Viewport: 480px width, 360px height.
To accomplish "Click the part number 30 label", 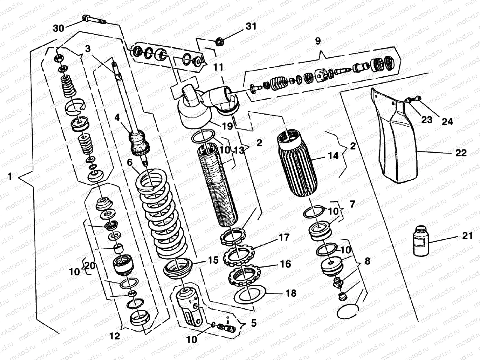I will [x=58, y=28].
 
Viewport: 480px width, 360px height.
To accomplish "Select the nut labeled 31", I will [x=220, y=40].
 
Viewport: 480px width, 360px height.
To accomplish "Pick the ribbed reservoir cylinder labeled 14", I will [x=297, y=165].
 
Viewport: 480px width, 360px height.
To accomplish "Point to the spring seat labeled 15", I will [x=178, y=268].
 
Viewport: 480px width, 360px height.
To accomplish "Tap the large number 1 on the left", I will [x=10, y=177].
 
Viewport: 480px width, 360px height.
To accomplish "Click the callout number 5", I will [x=253, y=323].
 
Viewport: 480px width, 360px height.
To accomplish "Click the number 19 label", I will [x=227, y=126].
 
